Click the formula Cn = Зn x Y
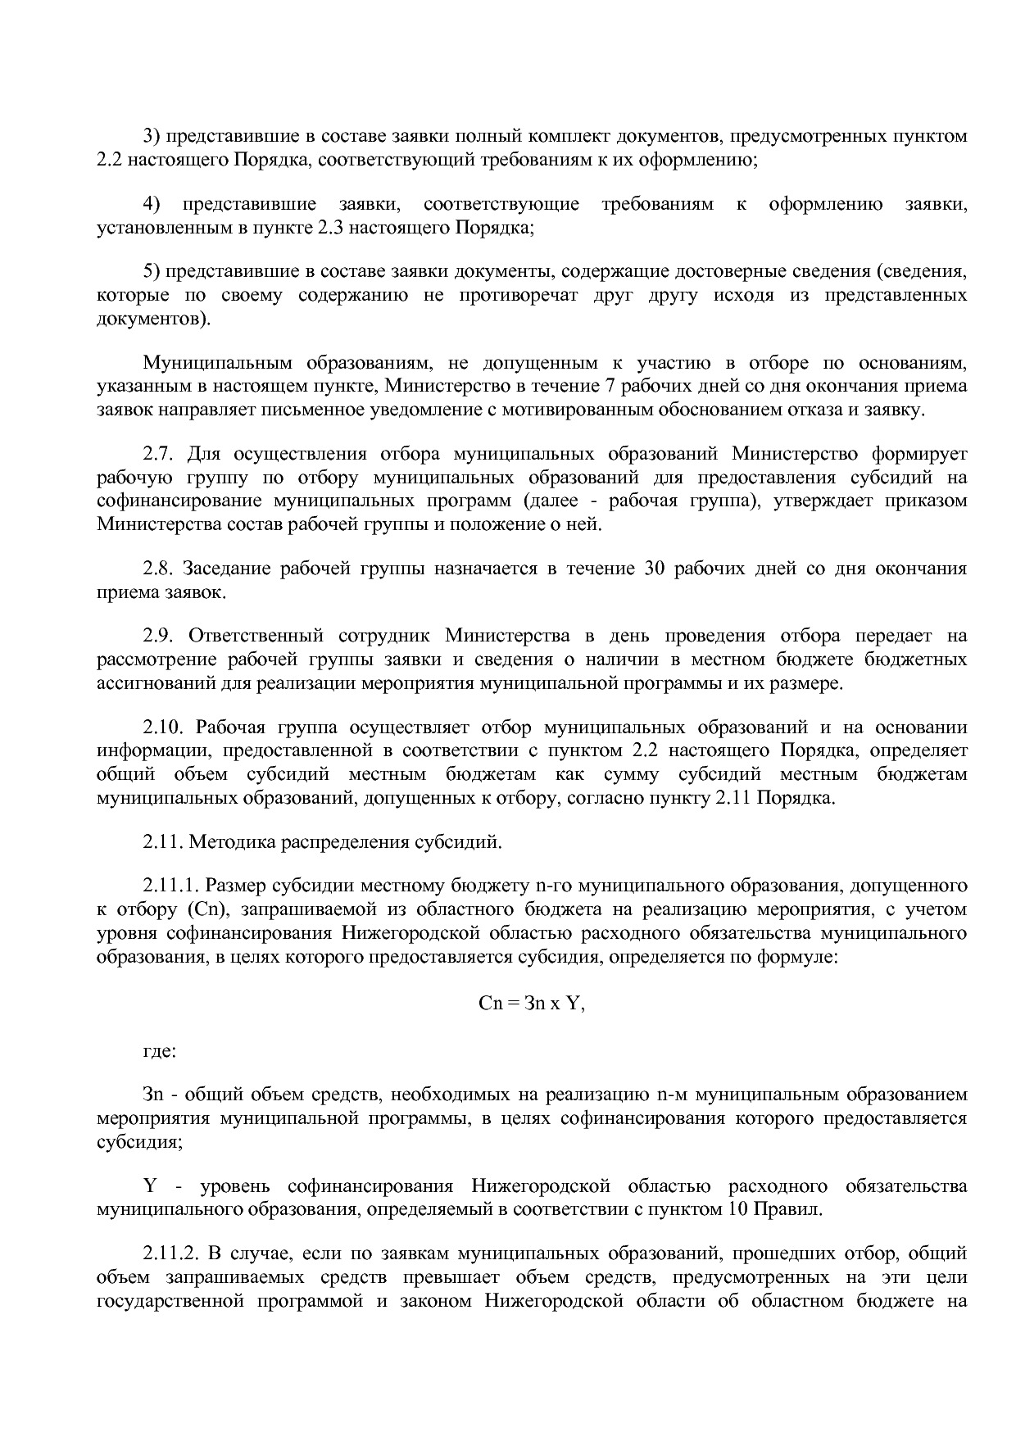click(x=531, y=1004)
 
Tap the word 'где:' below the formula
click(x=159, y=1049)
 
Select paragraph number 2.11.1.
click(x=170, y=886)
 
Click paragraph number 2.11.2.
click(x=170, y=1253)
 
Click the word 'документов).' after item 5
click(x=153, y=319)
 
